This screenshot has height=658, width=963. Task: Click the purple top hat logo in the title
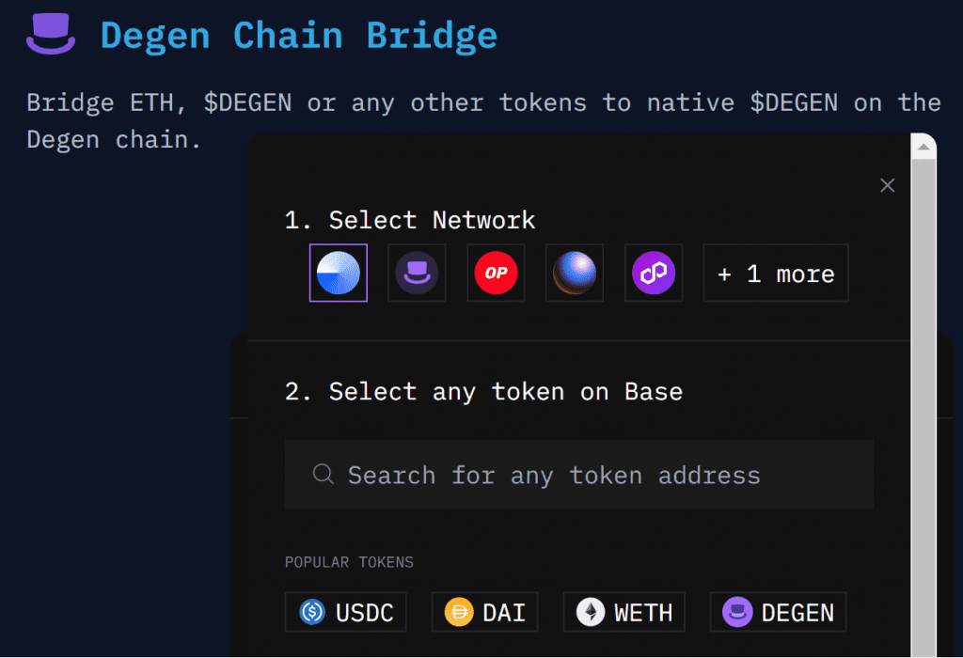pos(51,34)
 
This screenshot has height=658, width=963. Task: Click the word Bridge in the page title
pos(432,36)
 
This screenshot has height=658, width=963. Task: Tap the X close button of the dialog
pos(887,185)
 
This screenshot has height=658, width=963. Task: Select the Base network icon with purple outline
pos(339,274)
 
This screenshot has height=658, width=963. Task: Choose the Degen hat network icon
pos(417,274)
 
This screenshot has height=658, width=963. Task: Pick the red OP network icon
pos(496,274)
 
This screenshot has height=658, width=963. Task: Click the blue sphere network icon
pos(575,274)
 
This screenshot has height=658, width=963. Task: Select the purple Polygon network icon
pos(654,274)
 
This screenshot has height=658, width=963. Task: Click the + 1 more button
pos(776,274)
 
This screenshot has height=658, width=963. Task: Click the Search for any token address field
pos(578,475)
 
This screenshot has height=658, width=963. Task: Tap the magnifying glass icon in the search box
pos(323,474)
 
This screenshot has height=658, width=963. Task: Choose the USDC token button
pos(346,612)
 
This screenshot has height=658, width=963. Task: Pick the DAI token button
pos(484,612)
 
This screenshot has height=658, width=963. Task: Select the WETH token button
pos(624,612)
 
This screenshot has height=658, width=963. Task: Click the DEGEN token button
pos(778,612)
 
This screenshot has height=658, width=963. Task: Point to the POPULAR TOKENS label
pos(349,562)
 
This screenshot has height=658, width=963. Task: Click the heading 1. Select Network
pos(410,220)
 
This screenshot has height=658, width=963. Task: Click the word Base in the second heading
pos(654,391)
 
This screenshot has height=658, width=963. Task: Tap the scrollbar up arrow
pos(924,148)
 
